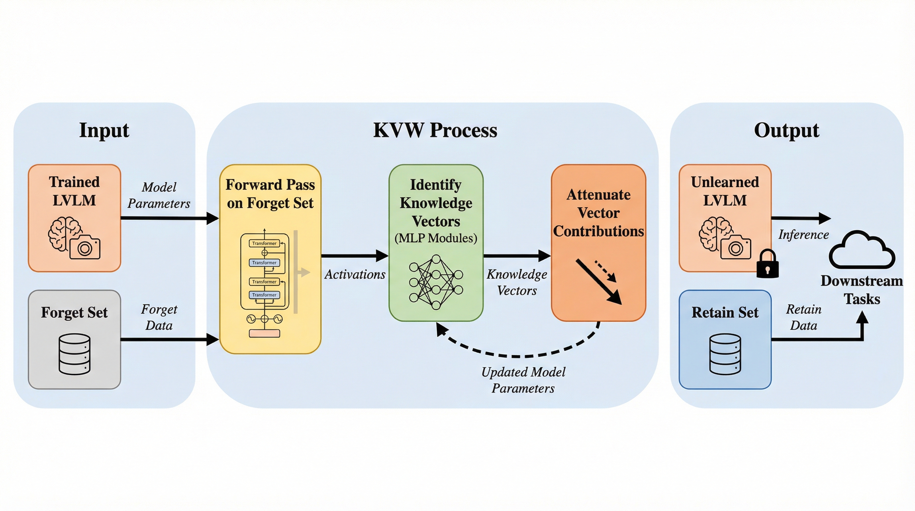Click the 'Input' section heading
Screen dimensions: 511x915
(104, 130)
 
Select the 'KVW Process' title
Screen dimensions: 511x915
(435, 130)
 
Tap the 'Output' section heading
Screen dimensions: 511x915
(786, 130)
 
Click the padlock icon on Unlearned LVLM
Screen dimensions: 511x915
(768, 264)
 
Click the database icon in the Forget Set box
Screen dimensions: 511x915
(74, 354)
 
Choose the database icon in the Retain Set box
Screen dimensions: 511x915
(725, 354)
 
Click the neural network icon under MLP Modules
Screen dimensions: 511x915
(436, 282)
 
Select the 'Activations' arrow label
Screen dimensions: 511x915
(354, 274)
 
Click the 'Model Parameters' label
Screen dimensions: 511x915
(159, 195)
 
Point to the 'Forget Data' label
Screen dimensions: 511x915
(159, 317)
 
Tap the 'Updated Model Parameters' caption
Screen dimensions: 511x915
(523, 380)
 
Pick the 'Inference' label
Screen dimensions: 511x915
(804, 235)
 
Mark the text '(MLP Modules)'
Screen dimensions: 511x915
(436, 238)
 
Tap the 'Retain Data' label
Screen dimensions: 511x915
(804, 317)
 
